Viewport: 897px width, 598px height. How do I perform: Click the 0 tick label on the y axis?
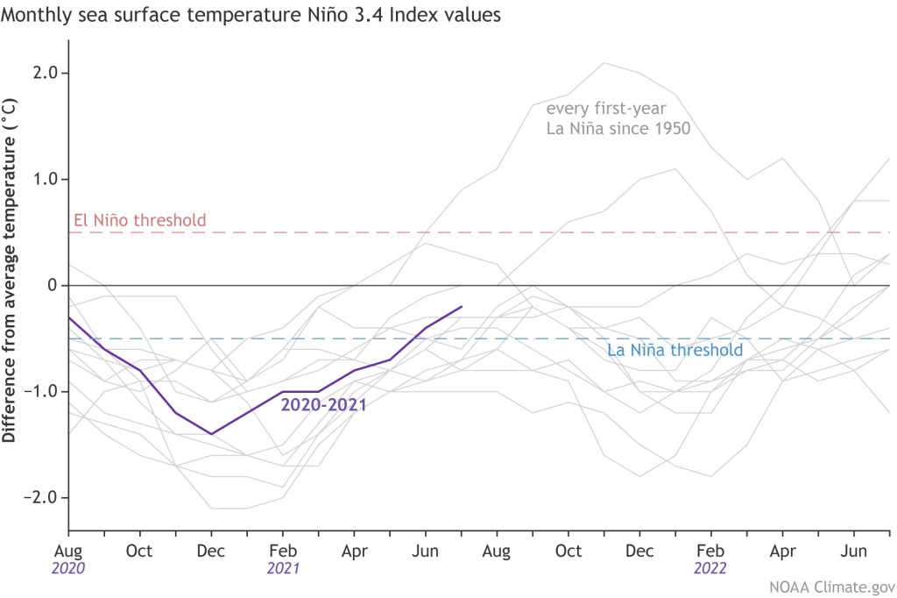(53, 286)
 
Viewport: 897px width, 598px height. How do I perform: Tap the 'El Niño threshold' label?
(138, 220)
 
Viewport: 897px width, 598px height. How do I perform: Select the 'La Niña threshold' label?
(675, 351)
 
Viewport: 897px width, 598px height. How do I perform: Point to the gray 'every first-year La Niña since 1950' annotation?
(618, 118)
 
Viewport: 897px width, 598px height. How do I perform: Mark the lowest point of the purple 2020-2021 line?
(211, 434)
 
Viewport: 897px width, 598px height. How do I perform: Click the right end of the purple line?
(462, 307)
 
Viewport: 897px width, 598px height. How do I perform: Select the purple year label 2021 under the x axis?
(282, 569)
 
